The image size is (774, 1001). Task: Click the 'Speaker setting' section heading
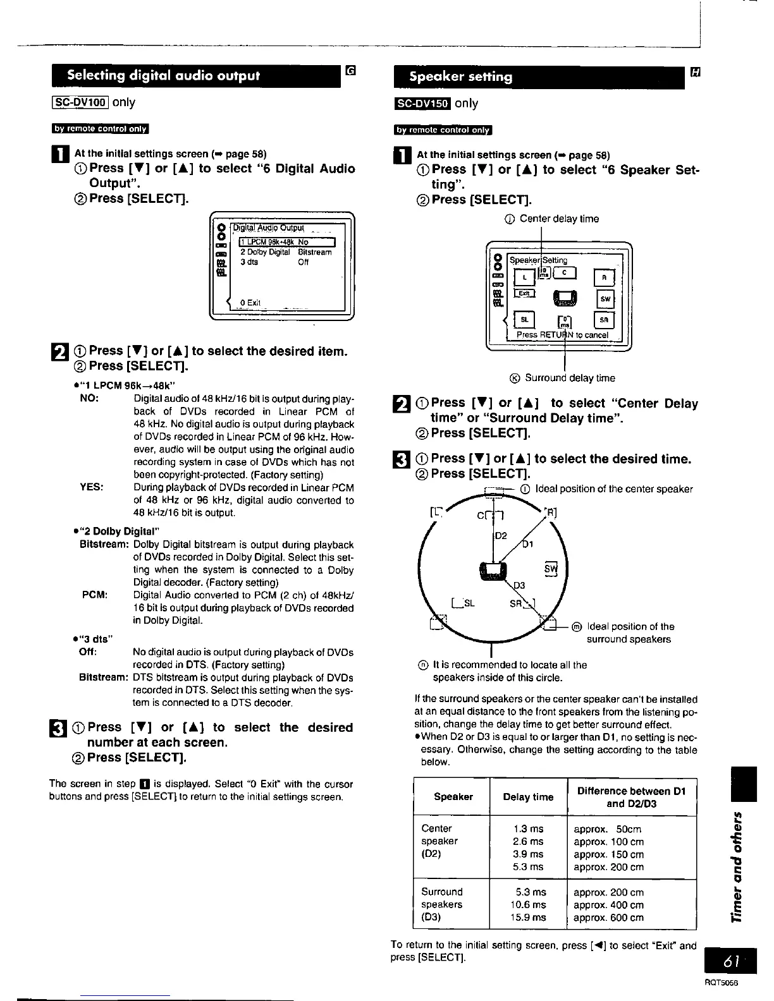coord(460,76)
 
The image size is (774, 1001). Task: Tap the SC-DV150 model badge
coord(422,104)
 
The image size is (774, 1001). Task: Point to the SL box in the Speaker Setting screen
coord(524,320)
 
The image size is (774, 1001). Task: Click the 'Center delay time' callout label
coord(559,219)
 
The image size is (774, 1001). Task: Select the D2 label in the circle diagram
coord(500,536)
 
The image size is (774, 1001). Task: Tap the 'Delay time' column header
coord(528,797)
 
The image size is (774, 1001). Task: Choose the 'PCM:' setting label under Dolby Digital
coord(95,595)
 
